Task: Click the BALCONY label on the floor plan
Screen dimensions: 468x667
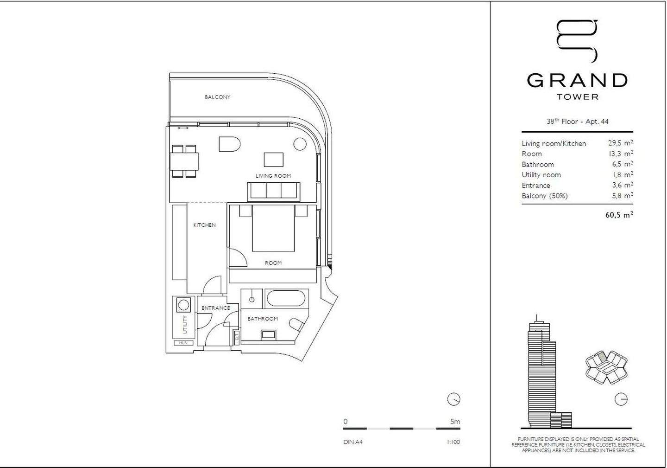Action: click(x=217, y=97)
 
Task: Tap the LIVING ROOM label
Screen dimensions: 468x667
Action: click(x=273, y=176)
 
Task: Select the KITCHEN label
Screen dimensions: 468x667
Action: click(x=204, y=225)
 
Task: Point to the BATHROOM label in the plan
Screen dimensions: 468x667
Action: click(x=263, y=319)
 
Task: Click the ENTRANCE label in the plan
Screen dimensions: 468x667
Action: click(x=215, y=308)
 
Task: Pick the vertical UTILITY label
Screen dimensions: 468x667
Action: click(x=185, y=325)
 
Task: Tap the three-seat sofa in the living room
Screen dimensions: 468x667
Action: click(x=274, y=191)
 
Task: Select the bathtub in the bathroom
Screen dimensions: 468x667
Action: click(x=288, y=298)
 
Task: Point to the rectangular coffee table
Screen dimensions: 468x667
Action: click(x=273, y=160)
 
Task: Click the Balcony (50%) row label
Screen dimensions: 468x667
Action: click(x=544, y=196)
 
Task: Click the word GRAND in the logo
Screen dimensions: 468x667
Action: click(x=577, y=81)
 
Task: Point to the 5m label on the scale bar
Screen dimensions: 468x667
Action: click(x=455, y=422)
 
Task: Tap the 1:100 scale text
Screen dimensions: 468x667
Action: click(x=453, y=442)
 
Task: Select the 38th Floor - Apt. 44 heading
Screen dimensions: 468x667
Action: click(x=577, y=122)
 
